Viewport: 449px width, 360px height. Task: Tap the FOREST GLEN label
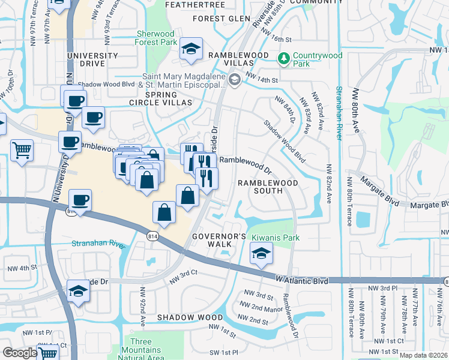221,19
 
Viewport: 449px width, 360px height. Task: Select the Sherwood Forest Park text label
157,38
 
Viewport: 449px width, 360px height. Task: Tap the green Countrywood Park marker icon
283,58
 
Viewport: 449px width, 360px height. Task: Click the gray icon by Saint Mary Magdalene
234,80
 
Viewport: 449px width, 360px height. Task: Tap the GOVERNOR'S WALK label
219,240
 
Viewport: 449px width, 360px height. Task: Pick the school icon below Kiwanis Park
261,254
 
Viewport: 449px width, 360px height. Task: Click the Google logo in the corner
19,353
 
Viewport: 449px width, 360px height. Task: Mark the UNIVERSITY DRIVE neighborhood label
92,60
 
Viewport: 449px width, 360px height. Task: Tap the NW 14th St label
267,80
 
